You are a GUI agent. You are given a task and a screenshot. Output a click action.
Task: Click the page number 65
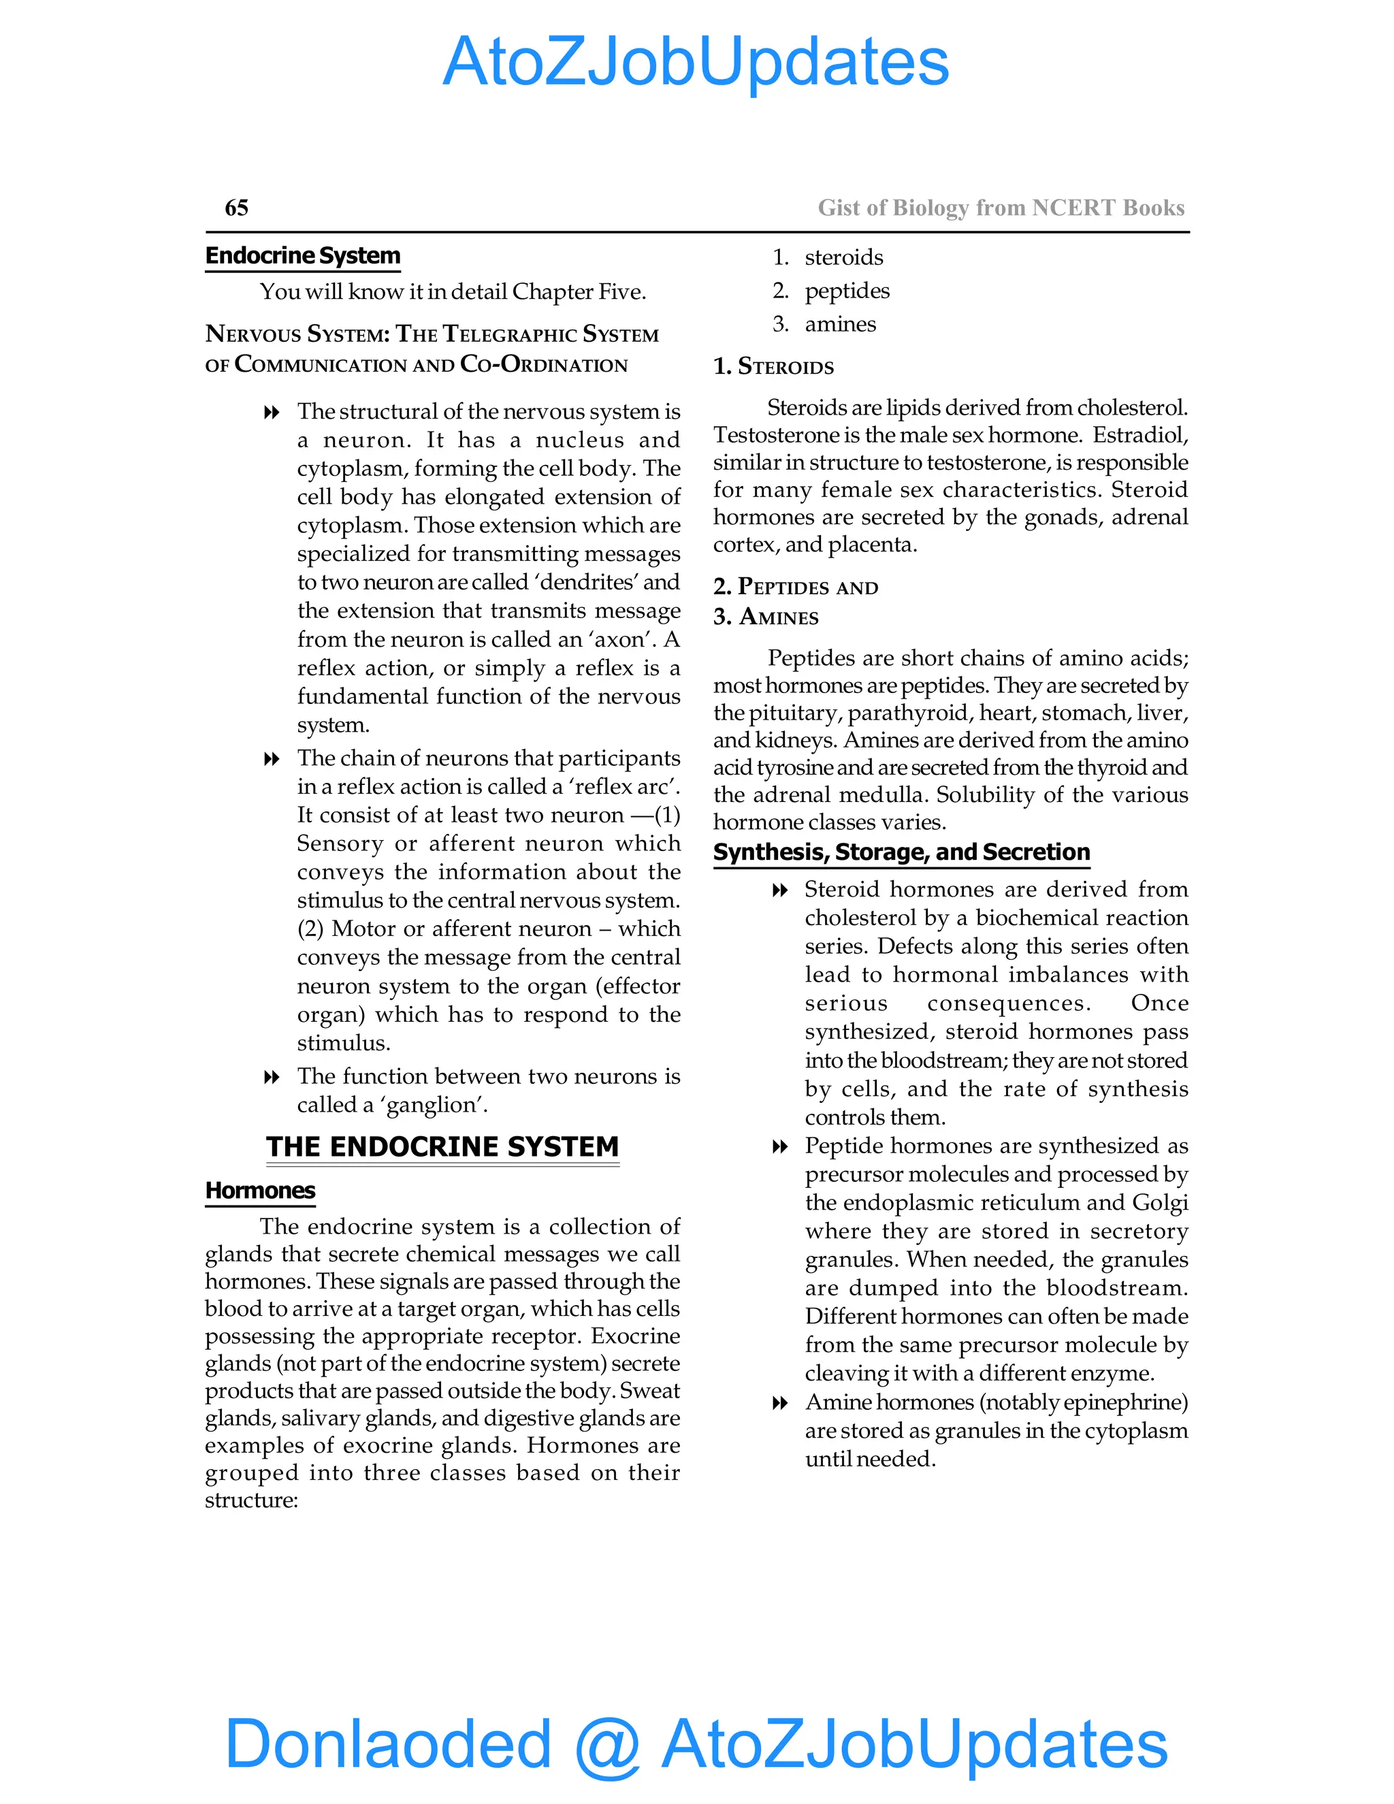click(x=236, y=208)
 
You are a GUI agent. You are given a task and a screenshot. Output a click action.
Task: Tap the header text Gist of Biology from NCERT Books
click(x=1001, y=208)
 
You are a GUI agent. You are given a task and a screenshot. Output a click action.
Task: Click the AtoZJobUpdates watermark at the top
click(x=696, y=62)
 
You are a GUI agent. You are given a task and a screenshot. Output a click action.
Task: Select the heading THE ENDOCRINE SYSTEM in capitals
click(x=442, y=1146)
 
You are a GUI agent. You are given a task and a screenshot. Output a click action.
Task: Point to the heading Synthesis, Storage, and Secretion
click(x=901, y=852)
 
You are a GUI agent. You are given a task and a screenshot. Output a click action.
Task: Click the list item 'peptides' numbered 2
click(x=847, y=291)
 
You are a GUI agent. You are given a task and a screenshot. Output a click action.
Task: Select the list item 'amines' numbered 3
click(x=840, y=324)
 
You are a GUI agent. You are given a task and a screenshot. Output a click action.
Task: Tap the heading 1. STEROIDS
click(x=774, y=366)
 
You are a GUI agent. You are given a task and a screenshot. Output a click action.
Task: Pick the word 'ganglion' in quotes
click(x=436, y=1105)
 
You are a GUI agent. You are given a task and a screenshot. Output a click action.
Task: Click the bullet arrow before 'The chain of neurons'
click(x=271, y=759)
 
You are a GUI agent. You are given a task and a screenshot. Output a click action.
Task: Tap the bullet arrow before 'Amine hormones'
click(x=779, y=1404)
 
